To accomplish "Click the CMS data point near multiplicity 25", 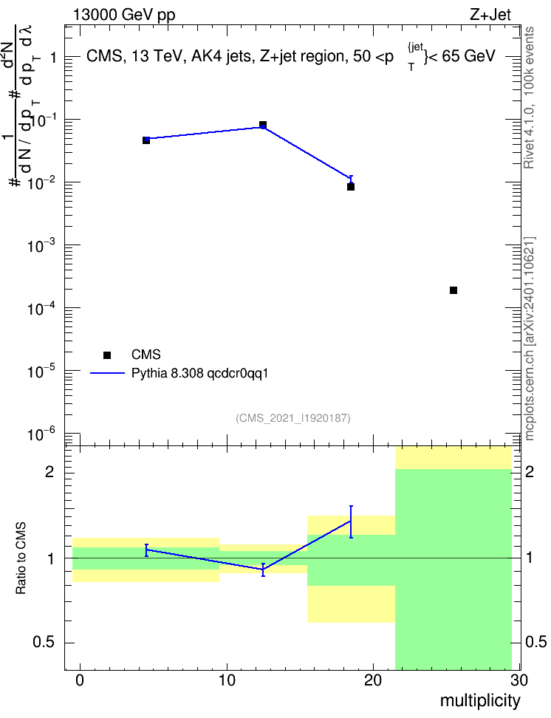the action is coord(454,290).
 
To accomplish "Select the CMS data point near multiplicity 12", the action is coord(263,125).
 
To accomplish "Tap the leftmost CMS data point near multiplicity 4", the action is coord(146,140).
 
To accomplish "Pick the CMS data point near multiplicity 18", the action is coord(351,187).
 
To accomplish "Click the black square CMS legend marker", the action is coord(107,355).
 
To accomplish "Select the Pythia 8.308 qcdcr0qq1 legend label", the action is coord(199,374).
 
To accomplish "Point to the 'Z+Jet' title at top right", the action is coord(490,15).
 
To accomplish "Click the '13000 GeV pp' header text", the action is coord(124,15).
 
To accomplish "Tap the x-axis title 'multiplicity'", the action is coord(480,700).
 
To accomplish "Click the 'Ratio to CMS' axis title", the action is coord(21,558).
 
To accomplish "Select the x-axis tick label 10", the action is coord(227,680).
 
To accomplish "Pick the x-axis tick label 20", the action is coord(373,680).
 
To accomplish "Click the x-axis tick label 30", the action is coord(519,680).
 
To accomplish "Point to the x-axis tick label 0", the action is coord(81,680).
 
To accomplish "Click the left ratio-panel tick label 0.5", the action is coord(44,643).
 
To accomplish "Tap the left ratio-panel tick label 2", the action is coord(49,472).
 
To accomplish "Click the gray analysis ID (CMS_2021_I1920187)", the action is coord(293,418).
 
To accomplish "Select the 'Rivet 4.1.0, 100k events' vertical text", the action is coord(529,98).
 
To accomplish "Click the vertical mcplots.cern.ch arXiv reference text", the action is coord(530,339).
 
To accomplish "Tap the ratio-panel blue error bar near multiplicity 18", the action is coord(351,522).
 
